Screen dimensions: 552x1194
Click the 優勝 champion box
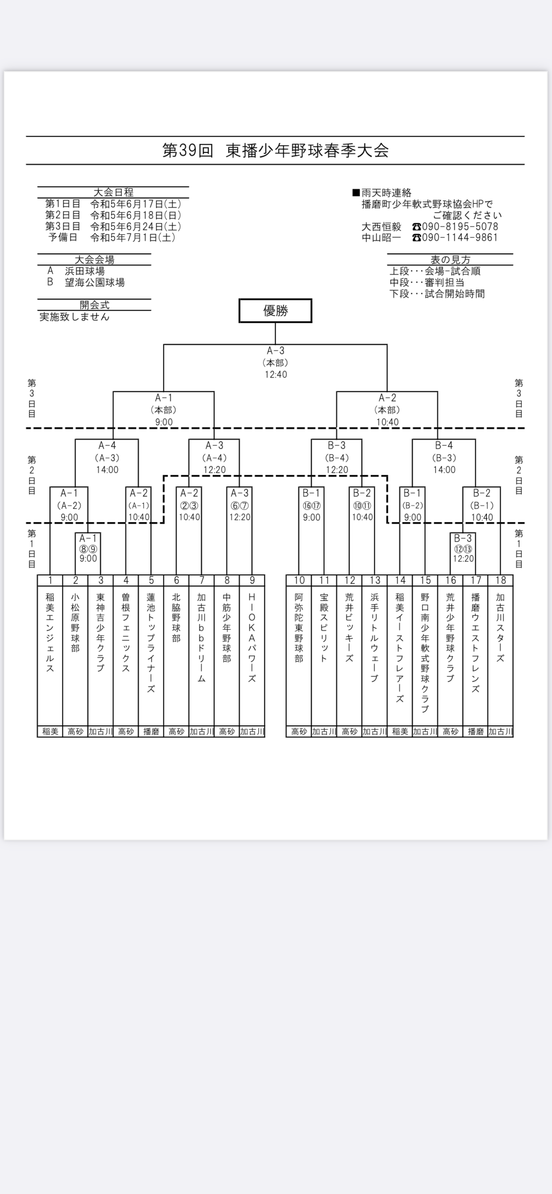[x=276, y=311]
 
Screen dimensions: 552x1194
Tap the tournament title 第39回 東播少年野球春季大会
[x=276, y=150]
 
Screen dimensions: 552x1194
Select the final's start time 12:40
[x=276, y=374]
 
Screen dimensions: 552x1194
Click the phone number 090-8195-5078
[x=460, y=226]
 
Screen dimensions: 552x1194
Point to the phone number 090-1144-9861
[x=460, y=237]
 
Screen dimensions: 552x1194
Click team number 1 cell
[x=50, y=580]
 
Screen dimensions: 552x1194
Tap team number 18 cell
[x=501, y=580]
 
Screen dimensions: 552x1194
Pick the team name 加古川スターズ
[x=501, y=628]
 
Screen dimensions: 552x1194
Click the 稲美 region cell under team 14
[x=400, y=731]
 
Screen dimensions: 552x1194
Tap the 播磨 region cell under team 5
[x=151, y=731]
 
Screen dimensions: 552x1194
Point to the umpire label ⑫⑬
[x=463, y=549]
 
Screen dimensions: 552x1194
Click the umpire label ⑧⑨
[x=88, y=549]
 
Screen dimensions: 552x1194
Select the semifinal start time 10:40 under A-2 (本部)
[x=387, y=422]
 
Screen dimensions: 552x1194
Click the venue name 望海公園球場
[x=95, y=282]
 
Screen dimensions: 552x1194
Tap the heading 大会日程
[x=114, y=192]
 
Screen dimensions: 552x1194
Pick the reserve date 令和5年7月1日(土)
[x=133, y=237]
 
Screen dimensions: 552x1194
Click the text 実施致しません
[x=75, y=316]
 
